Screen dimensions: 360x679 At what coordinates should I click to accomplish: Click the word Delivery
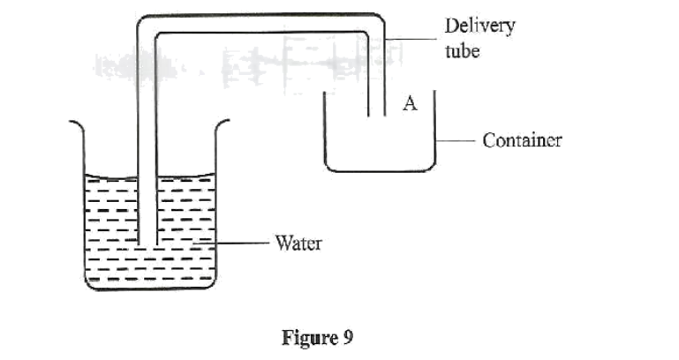pos(479,25)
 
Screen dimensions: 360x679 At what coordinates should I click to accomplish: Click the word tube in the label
pos(462,50)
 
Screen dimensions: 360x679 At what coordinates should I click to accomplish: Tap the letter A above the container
pos(409,103)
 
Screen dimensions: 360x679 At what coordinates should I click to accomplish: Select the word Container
pos(522,139)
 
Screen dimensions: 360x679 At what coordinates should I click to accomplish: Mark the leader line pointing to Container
pos(458,139)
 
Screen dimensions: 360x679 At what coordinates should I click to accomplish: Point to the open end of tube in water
pos(147,244)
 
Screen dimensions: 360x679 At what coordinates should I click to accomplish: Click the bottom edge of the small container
pos(380,170)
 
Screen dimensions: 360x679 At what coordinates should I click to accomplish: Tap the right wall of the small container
pos(435,132)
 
